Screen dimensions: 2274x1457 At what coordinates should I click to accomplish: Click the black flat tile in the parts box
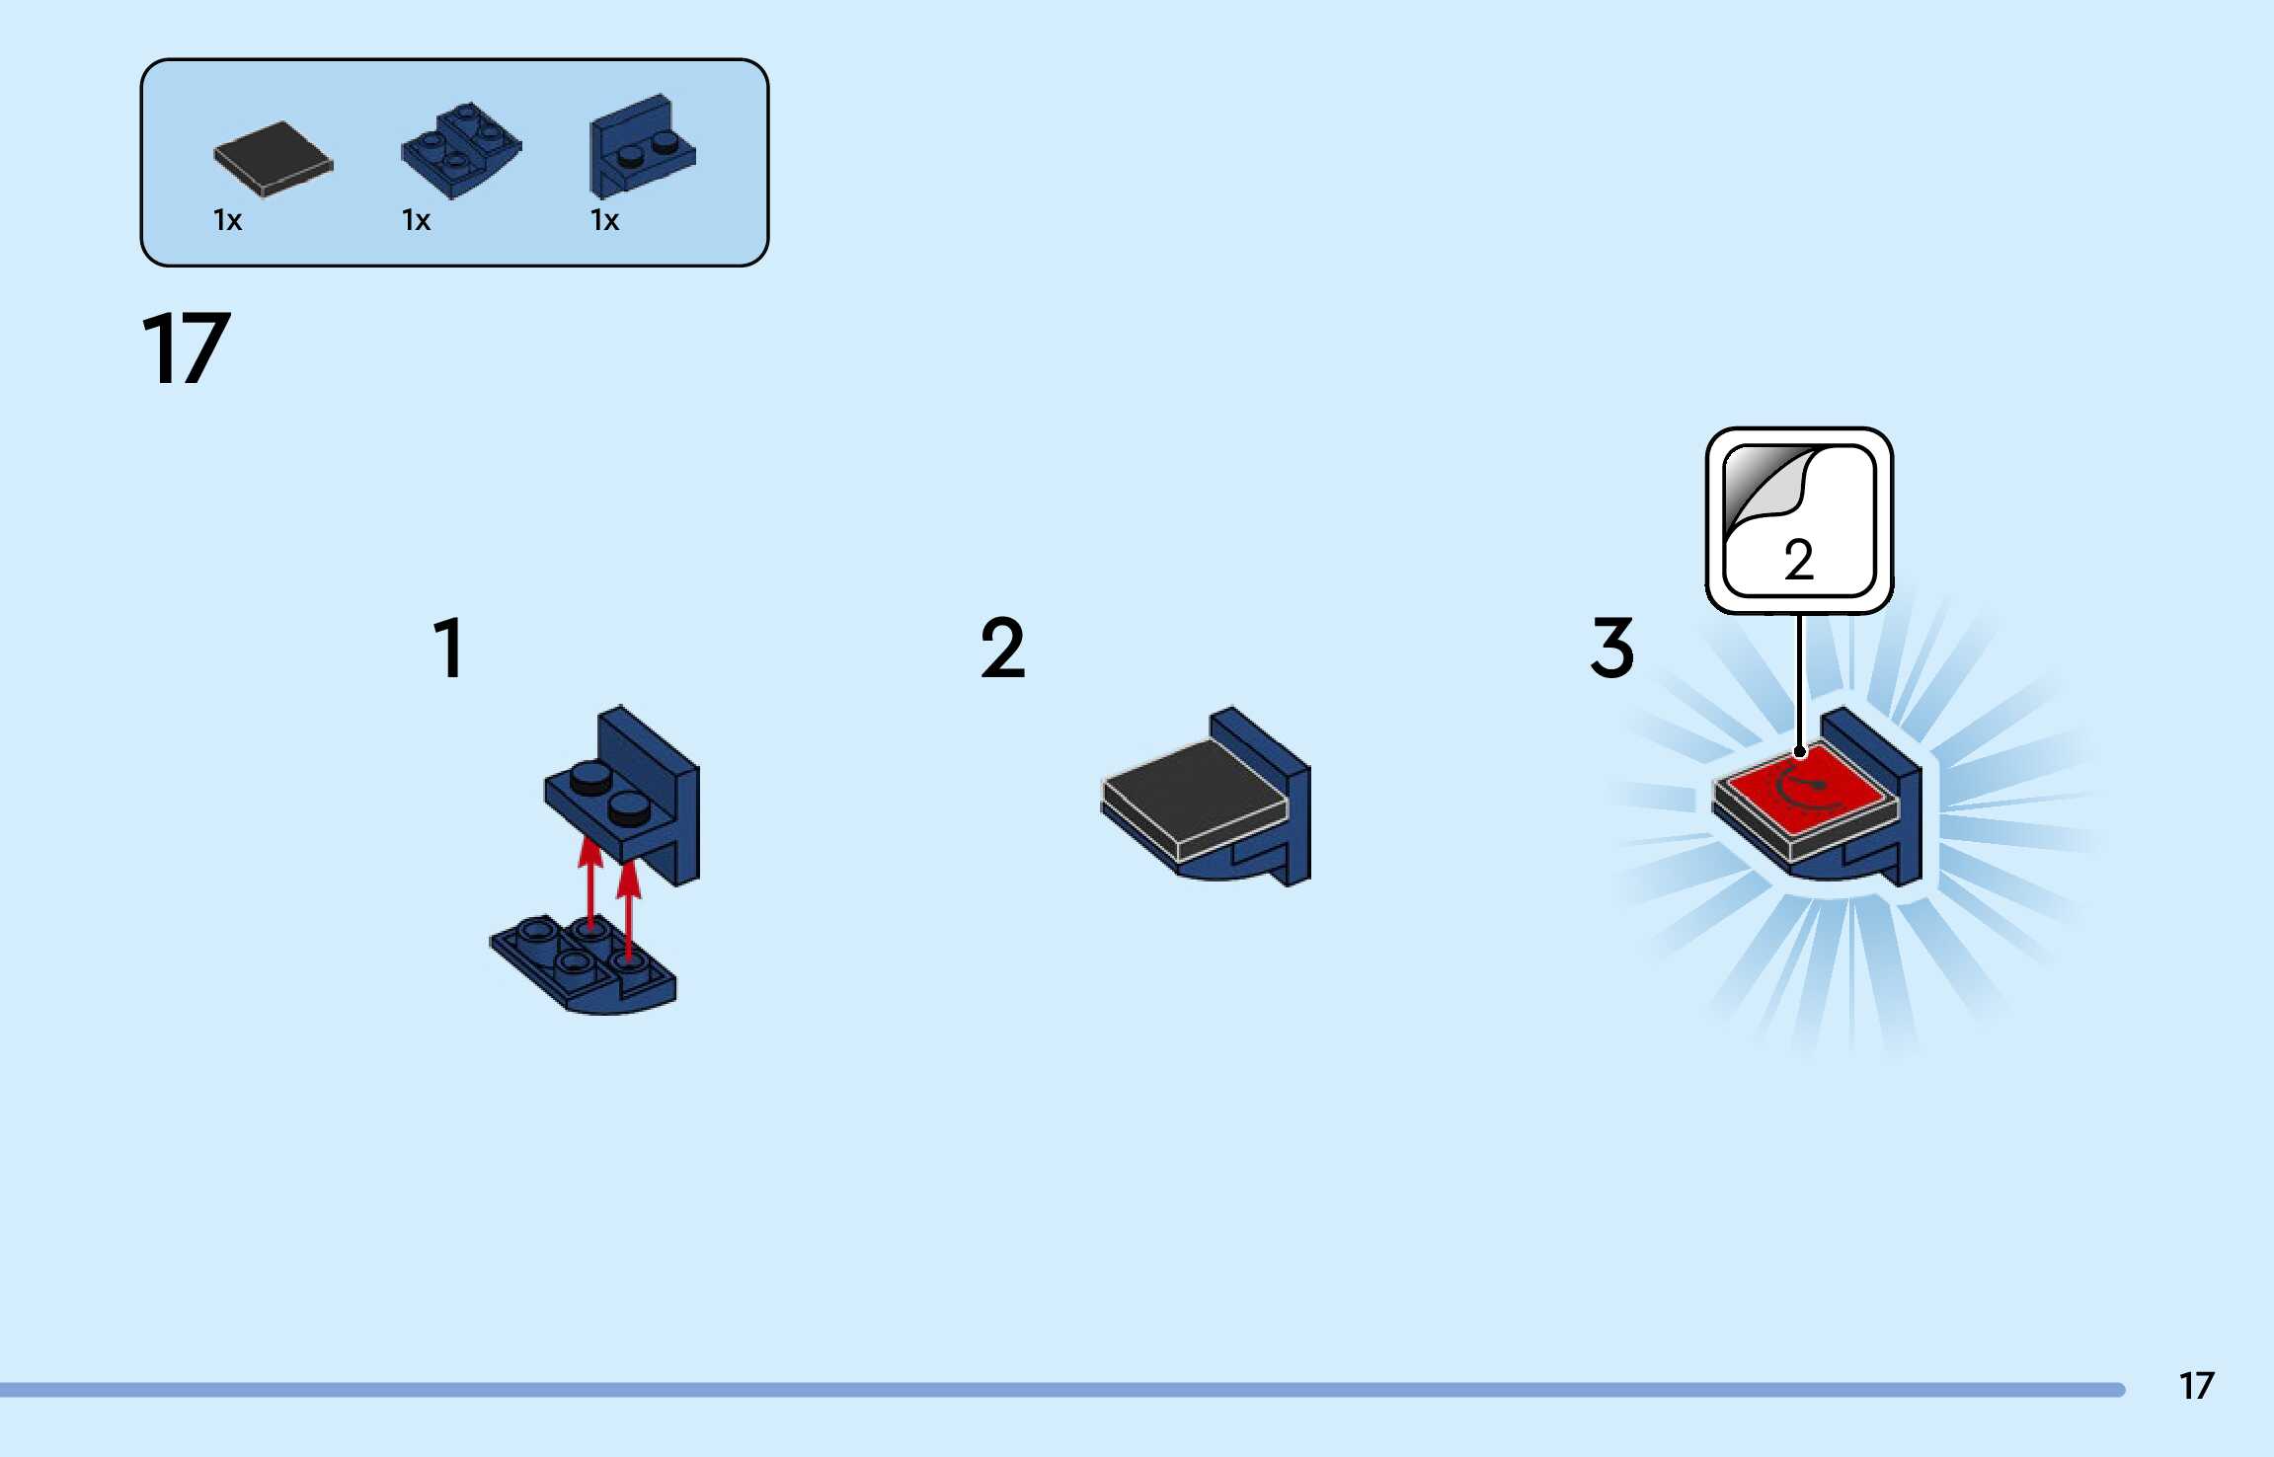pos(274,158)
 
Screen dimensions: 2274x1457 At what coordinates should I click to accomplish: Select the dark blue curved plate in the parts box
pos(461,150)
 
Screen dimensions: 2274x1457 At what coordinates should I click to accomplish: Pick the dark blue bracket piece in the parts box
pos(642,146)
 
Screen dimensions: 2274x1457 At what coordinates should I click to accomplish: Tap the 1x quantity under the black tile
pos(227,220)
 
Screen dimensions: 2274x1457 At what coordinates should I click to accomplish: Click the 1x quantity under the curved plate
pos(416,220)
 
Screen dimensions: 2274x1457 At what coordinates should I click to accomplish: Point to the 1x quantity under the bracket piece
pos(604,220)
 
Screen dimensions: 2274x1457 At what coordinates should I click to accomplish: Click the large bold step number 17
pos(186,348)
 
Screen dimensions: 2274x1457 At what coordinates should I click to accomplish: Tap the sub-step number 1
pos(449,649)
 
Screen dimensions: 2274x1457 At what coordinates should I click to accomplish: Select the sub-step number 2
pos(1002,649)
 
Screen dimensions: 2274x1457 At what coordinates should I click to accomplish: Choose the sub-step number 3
pos(1611,649)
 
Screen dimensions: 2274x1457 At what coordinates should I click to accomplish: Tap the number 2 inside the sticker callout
pos(1799,561)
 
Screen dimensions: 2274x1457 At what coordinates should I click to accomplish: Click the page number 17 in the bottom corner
pos(2196,1386)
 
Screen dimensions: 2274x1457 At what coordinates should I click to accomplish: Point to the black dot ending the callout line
pos(1799,752)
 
